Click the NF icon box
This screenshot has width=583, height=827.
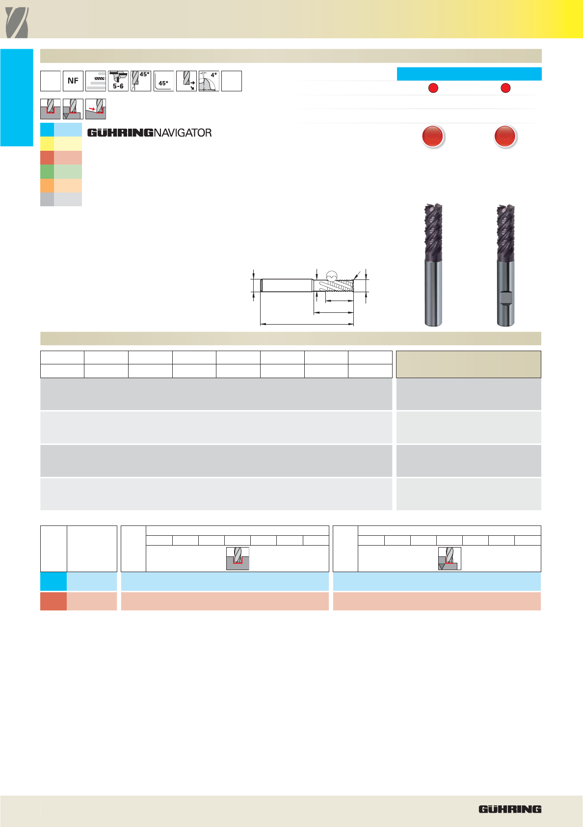click(x=73, y=81)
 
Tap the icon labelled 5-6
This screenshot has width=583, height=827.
click(x=118, y=81)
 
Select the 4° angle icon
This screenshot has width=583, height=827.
click(x=209, y=81)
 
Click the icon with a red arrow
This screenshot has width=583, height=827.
click(x=96, y=109)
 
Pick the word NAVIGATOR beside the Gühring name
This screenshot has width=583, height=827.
click(x=183, y=133)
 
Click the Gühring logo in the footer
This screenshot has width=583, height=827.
click(x=510, y=809)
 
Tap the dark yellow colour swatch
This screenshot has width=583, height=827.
click(x=47, y=143)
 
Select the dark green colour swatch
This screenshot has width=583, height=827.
click(x=47, y=172)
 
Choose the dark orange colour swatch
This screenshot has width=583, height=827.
click(x=47, y=185)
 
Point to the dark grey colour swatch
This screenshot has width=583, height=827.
click(x=47, y=199)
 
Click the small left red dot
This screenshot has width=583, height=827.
click(x=433, y=88)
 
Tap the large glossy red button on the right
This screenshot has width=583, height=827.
click(x=505, y=136)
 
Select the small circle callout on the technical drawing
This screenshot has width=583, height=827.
click(x=332, y=276)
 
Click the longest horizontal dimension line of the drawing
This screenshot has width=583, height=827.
click(x=307, y=324)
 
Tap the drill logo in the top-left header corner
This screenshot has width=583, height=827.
click(x=17, y=23)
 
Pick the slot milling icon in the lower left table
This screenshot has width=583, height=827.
click(x=238, y=558)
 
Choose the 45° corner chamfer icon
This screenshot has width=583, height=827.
click(x=163, y=81)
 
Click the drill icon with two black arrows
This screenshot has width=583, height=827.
click(x=186, y=81)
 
